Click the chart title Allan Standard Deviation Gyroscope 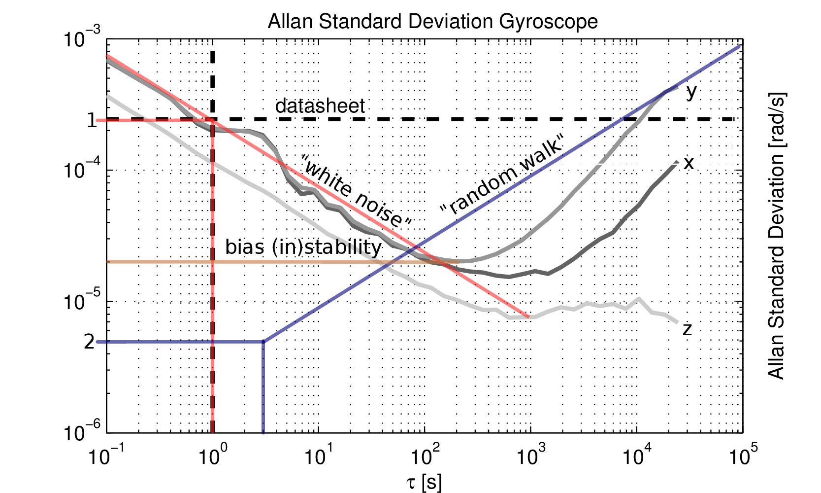(x=432, y=22)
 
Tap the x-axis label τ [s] (x=424, y=483)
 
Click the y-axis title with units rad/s (x=777, y=237)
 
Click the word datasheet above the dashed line (x=320, y=106)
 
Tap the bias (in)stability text (x=303, y=247)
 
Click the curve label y (x=691, y=92)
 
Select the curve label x (x=689, y=163)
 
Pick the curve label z (x=688, y=329)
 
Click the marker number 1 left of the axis (x=92, y=120)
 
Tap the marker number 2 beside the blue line (x=89, y=341)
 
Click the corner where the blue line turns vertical (x=263, y=341)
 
